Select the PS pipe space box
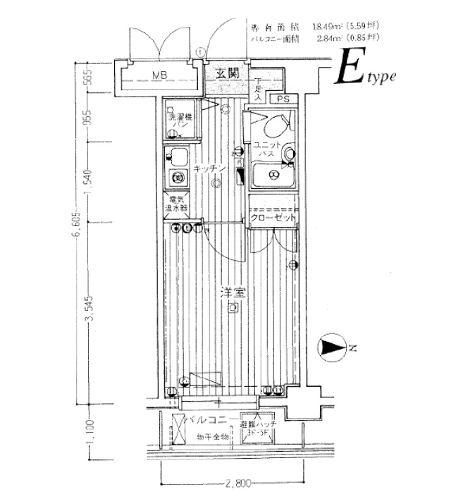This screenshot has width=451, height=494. click(283, 99)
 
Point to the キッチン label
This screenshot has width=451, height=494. click(210, 168)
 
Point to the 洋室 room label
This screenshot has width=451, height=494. click(226, 292)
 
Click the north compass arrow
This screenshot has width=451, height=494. click(332, 346)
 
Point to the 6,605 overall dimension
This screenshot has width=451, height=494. click(73, 227)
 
